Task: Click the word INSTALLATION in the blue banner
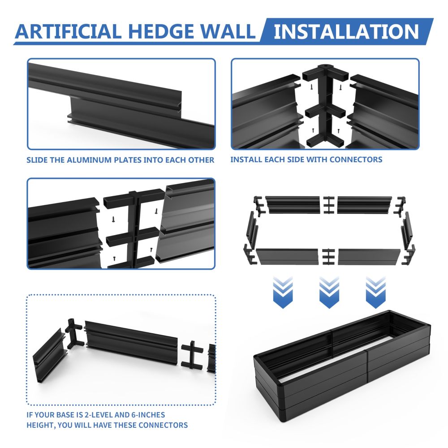[x=346, y=31]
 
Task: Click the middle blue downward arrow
[x=329, y=292]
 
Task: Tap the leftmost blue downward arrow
[x=283, y=292]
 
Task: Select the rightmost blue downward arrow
[x=375, y=292]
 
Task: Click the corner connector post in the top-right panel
[x=325, y=106]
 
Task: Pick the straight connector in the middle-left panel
[x=134, y=228]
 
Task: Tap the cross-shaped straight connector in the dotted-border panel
[x=192, y=354]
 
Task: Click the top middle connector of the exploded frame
[x=328, y=205]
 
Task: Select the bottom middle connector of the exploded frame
[x=328, y=257]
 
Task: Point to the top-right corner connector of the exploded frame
[x=400, y=206]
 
